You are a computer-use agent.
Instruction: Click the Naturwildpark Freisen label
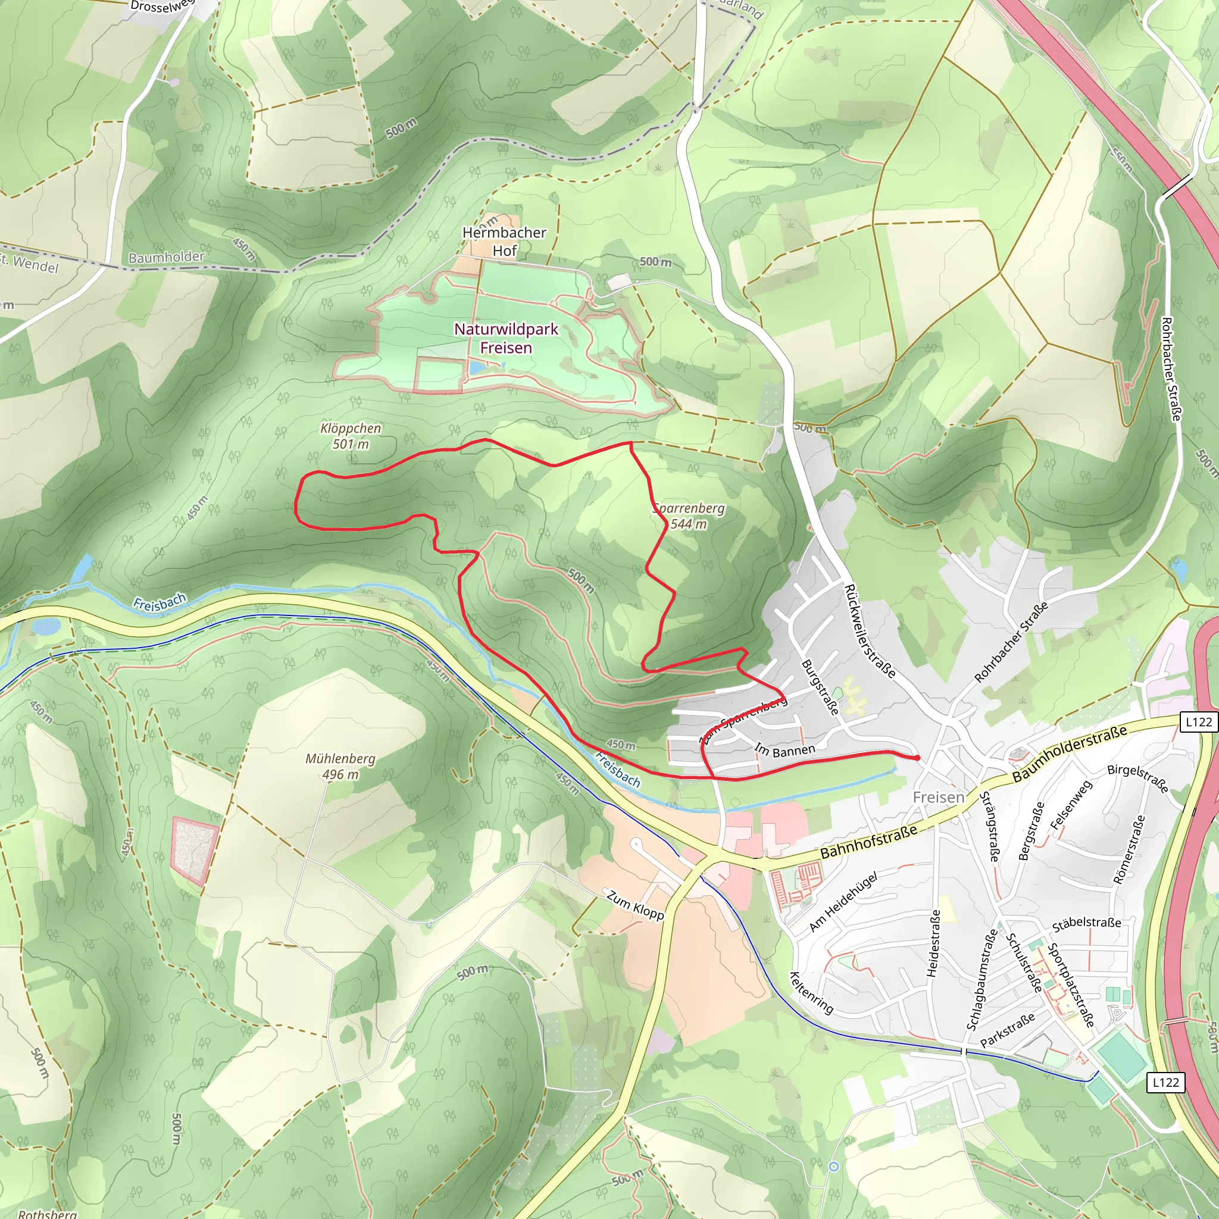click(506, 338)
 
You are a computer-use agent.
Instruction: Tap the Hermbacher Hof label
click(504, 242)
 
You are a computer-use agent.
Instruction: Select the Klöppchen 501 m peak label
click(350, 436)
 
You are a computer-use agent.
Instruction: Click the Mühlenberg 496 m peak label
click(340, 766)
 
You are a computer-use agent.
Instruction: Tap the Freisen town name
click(938, 798)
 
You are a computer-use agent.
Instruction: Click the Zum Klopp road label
click(634, 905)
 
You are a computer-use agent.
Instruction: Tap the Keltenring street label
click(811, 992)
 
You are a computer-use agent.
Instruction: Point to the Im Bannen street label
click(785, 750)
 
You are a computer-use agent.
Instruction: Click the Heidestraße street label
click(933, 943)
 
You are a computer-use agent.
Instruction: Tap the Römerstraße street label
click(1129, 849)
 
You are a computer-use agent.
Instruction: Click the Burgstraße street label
click(820, 687)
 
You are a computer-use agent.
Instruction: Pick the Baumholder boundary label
click(166, 257)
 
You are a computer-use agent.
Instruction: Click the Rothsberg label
click(48, 1213)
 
